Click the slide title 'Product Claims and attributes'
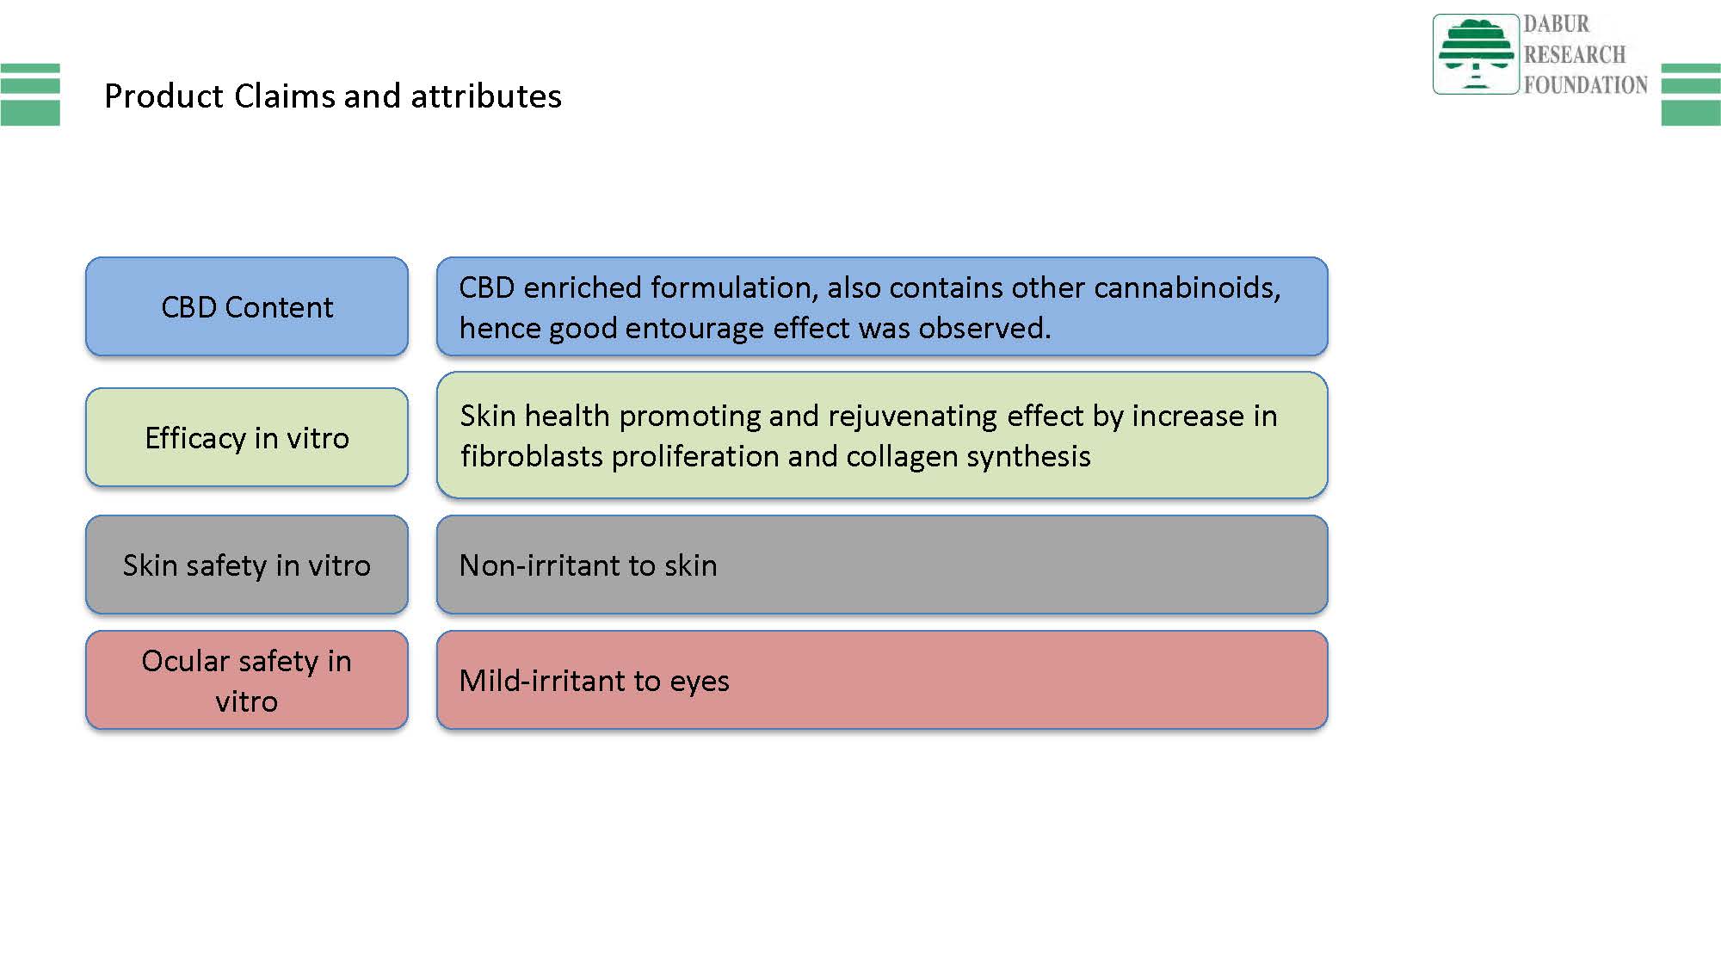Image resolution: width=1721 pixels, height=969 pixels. click(x=333, y=96)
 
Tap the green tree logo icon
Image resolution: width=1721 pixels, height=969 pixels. click(x=1476, y=53)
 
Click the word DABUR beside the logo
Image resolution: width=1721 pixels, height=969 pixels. click(x=1557, y=24)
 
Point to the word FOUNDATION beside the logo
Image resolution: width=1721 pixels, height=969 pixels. click(x=1586, y=84)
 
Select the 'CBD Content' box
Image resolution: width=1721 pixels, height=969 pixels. click(x=247, y=306)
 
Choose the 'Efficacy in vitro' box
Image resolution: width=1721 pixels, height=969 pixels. click(x=247, y=437)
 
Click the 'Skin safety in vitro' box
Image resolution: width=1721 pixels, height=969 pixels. click(x=247, y=565)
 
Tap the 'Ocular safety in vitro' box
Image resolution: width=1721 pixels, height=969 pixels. click(x=247, y=680)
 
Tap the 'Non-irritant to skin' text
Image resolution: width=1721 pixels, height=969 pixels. click(x=589, y=565)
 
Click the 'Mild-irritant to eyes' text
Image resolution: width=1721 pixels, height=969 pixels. click(x=595, y=681)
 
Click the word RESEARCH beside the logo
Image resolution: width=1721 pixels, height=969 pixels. click(x=1575, y=54)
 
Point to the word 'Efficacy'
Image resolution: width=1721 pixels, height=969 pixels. click(x=195, y=438)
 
